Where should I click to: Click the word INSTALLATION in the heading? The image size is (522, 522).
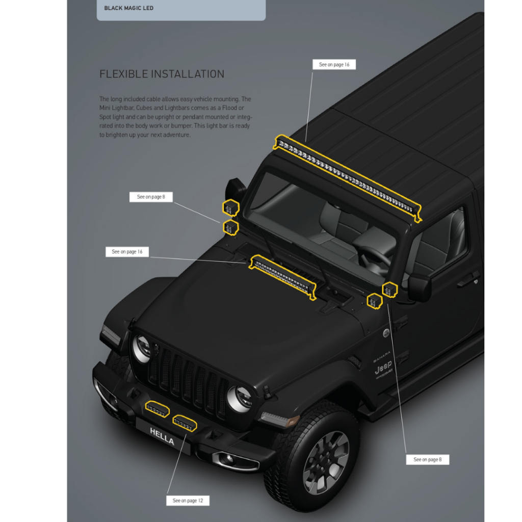coord(189,74)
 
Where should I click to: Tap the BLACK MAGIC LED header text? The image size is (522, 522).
coord(128,8)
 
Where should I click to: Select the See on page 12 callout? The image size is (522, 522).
coord(188,501)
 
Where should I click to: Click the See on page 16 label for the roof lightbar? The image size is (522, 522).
coord(334,65)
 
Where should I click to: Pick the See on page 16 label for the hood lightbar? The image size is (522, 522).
coord(127,251)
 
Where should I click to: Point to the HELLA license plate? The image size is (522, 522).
coord(162,437)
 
